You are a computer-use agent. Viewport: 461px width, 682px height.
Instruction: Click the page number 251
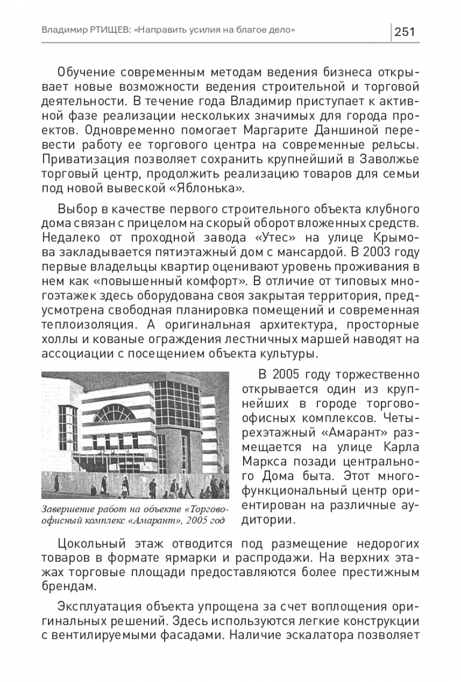[x=405, y=32]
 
